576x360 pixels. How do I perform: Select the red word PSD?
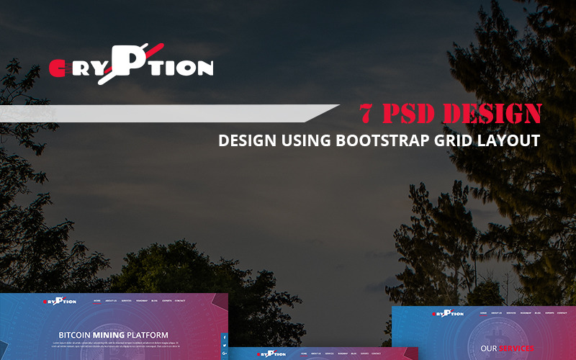411,114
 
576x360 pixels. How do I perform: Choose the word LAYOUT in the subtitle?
509,140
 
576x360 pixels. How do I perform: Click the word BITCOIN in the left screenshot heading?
74,335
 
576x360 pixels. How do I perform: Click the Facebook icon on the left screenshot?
225,337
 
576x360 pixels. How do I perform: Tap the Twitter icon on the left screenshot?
225,345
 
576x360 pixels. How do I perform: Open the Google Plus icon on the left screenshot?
225,353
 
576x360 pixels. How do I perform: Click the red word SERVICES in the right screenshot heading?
516,348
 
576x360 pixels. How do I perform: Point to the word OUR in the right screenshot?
490,348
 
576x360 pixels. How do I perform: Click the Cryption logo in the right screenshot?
447,313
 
